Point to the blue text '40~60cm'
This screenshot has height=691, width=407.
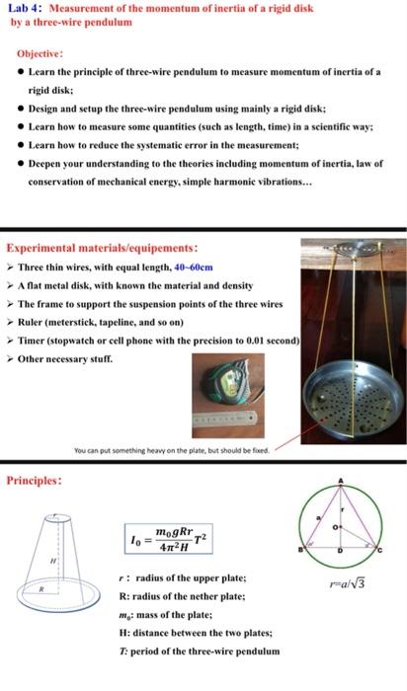[194, 267]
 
